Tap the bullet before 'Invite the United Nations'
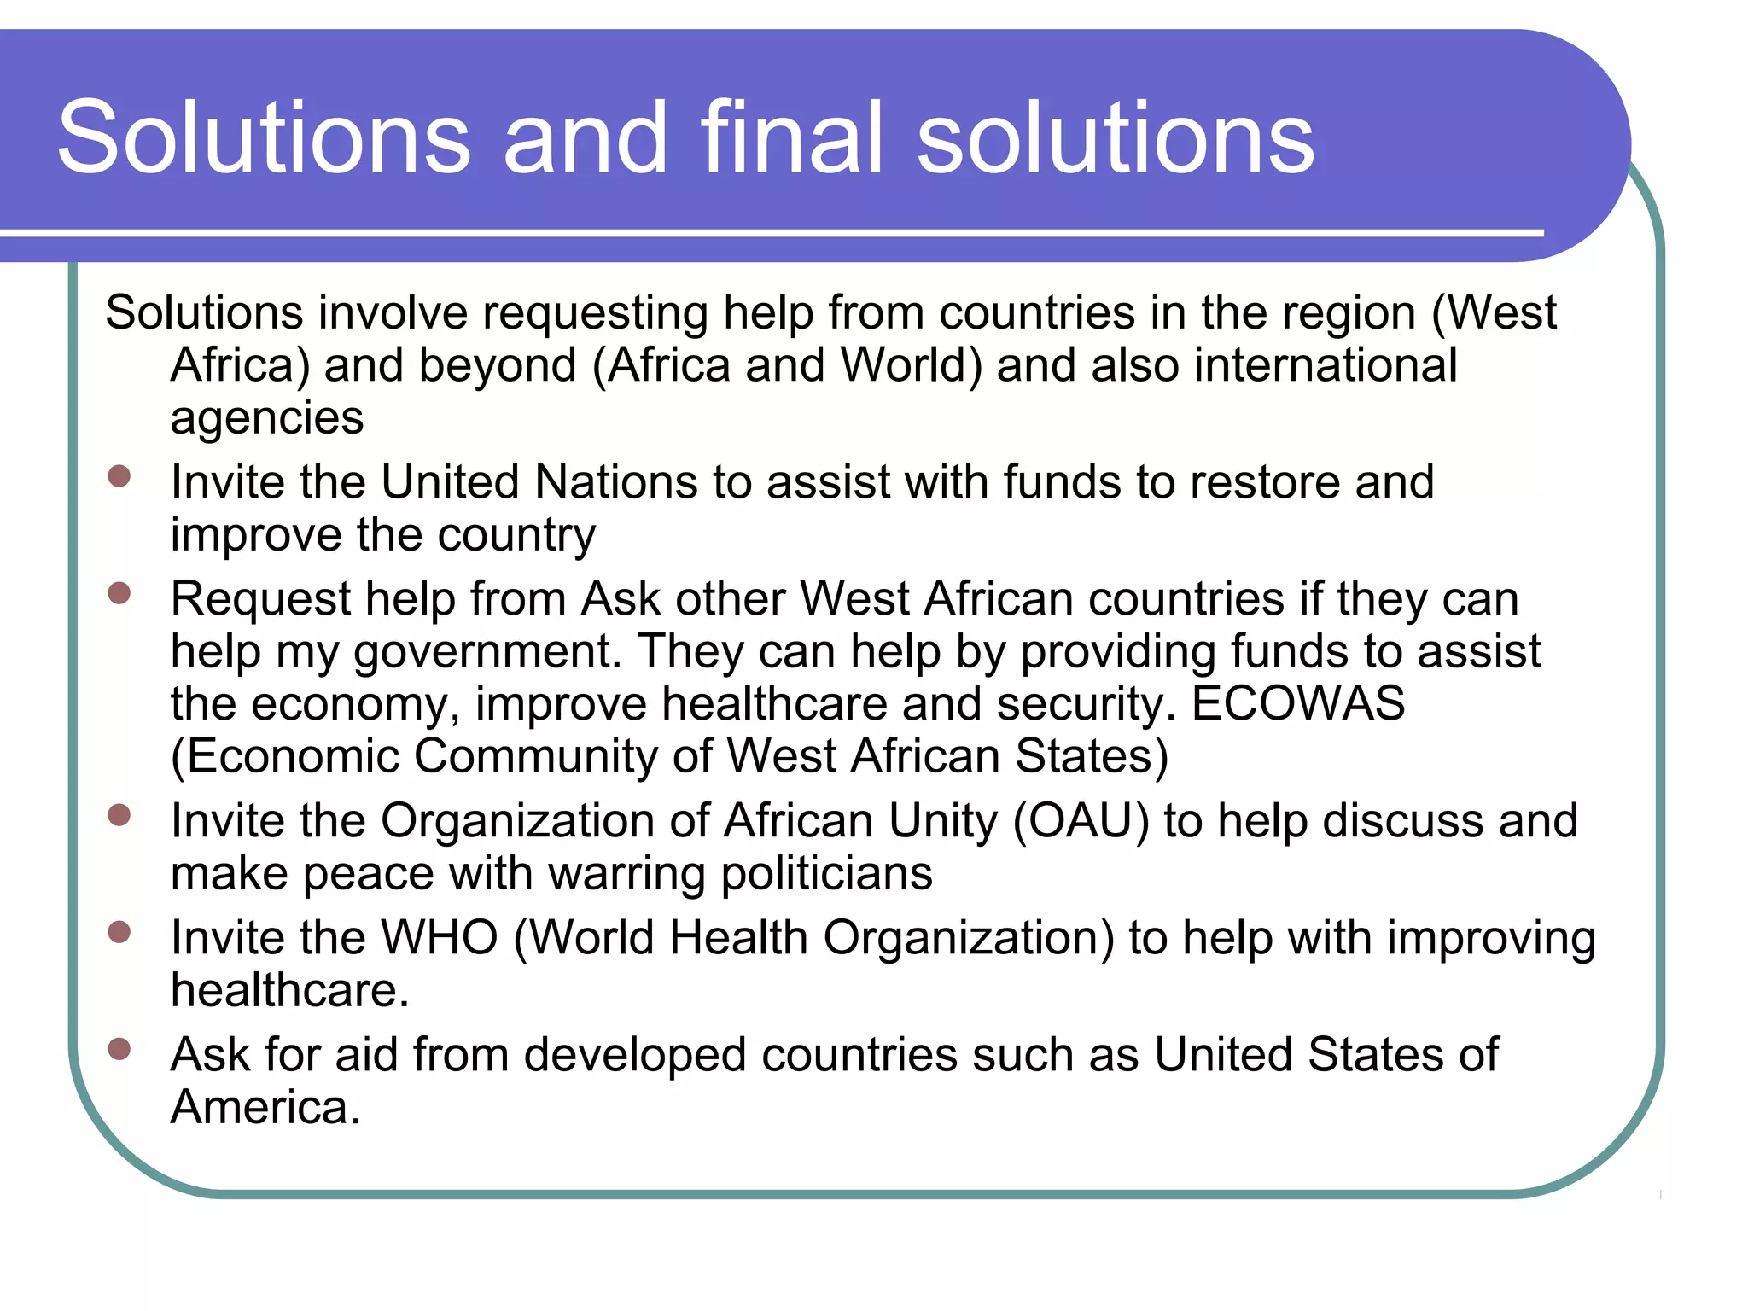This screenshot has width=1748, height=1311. click(x=119, y=475)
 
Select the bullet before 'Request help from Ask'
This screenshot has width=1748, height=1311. click(x=119, y=592)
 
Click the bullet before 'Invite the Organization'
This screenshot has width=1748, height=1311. click(x=119, y=815)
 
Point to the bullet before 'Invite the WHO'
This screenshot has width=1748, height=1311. click(x=119, y=932)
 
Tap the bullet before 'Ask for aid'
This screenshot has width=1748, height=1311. click(x=119, y=1048)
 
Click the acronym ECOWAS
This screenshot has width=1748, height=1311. click(x=1297, y=704)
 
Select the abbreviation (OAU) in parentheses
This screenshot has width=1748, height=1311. click(x=1081, y=821)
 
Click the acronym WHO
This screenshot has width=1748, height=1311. click(x=439, y=938)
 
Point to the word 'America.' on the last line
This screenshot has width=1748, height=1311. click(x=265, y=1108)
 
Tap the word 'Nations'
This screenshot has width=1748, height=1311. click(x=616, y=482)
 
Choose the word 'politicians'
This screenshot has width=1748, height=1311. click(x=826, y=874)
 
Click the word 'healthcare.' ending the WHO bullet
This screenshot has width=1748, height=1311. click(x=290, y=991)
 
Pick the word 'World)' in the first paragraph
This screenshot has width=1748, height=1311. click(x=911, y=365)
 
